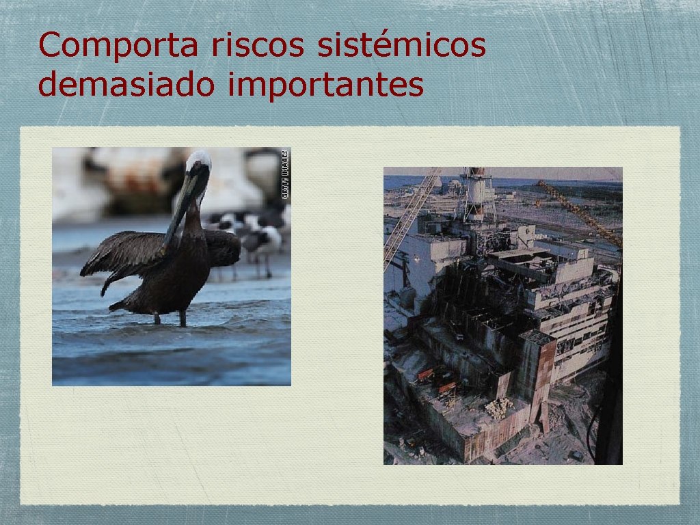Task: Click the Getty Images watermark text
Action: (286, 174)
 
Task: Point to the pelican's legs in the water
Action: (170, 317)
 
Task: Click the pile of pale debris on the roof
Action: (498, 407)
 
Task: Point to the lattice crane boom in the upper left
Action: (410, 215)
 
